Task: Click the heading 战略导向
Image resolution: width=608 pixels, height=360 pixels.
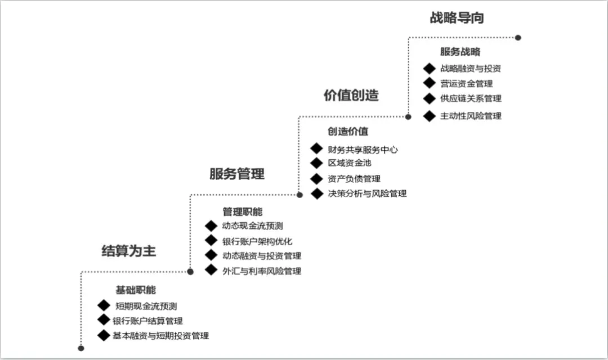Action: [x=457, y=18]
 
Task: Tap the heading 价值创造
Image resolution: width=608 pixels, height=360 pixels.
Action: [x=351, y=95]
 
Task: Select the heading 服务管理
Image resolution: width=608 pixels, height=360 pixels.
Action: [x=237, y=174]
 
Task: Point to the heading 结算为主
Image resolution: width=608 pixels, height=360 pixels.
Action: [x=129, y=251]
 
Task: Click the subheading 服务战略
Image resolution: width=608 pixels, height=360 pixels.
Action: [x=460, y=52]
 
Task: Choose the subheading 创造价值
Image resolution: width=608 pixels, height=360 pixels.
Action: [x=348, y=132]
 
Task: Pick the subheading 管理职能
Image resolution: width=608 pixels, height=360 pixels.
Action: [x=242, y=211]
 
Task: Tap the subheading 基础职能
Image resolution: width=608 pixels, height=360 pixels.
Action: [x=136, y=290]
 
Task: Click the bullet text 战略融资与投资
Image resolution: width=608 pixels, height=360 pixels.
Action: [x=470, y=69]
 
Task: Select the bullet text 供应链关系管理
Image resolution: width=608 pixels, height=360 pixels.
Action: [x=471, y=98]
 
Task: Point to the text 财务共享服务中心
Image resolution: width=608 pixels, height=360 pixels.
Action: [x=363, y=150]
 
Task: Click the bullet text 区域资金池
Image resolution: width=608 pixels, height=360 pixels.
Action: [x=350, y=163]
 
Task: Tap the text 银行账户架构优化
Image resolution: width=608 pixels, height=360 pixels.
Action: [x=257, y=241]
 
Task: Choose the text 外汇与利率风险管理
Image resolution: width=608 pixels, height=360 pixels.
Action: [x=262, y=271]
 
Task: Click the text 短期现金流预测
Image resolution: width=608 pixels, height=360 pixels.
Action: [x=146, y=306]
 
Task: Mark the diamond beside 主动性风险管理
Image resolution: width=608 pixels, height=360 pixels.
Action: [x=429, y=116]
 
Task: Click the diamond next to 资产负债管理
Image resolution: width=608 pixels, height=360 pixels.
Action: [x=316, y=179]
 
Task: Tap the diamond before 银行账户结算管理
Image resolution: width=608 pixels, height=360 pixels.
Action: [x=104, y=320]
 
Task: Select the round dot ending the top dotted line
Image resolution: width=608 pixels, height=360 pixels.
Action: [x=518, y=38]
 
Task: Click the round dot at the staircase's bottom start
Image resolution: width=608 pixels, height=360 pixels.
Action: [x=81, y=348]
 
